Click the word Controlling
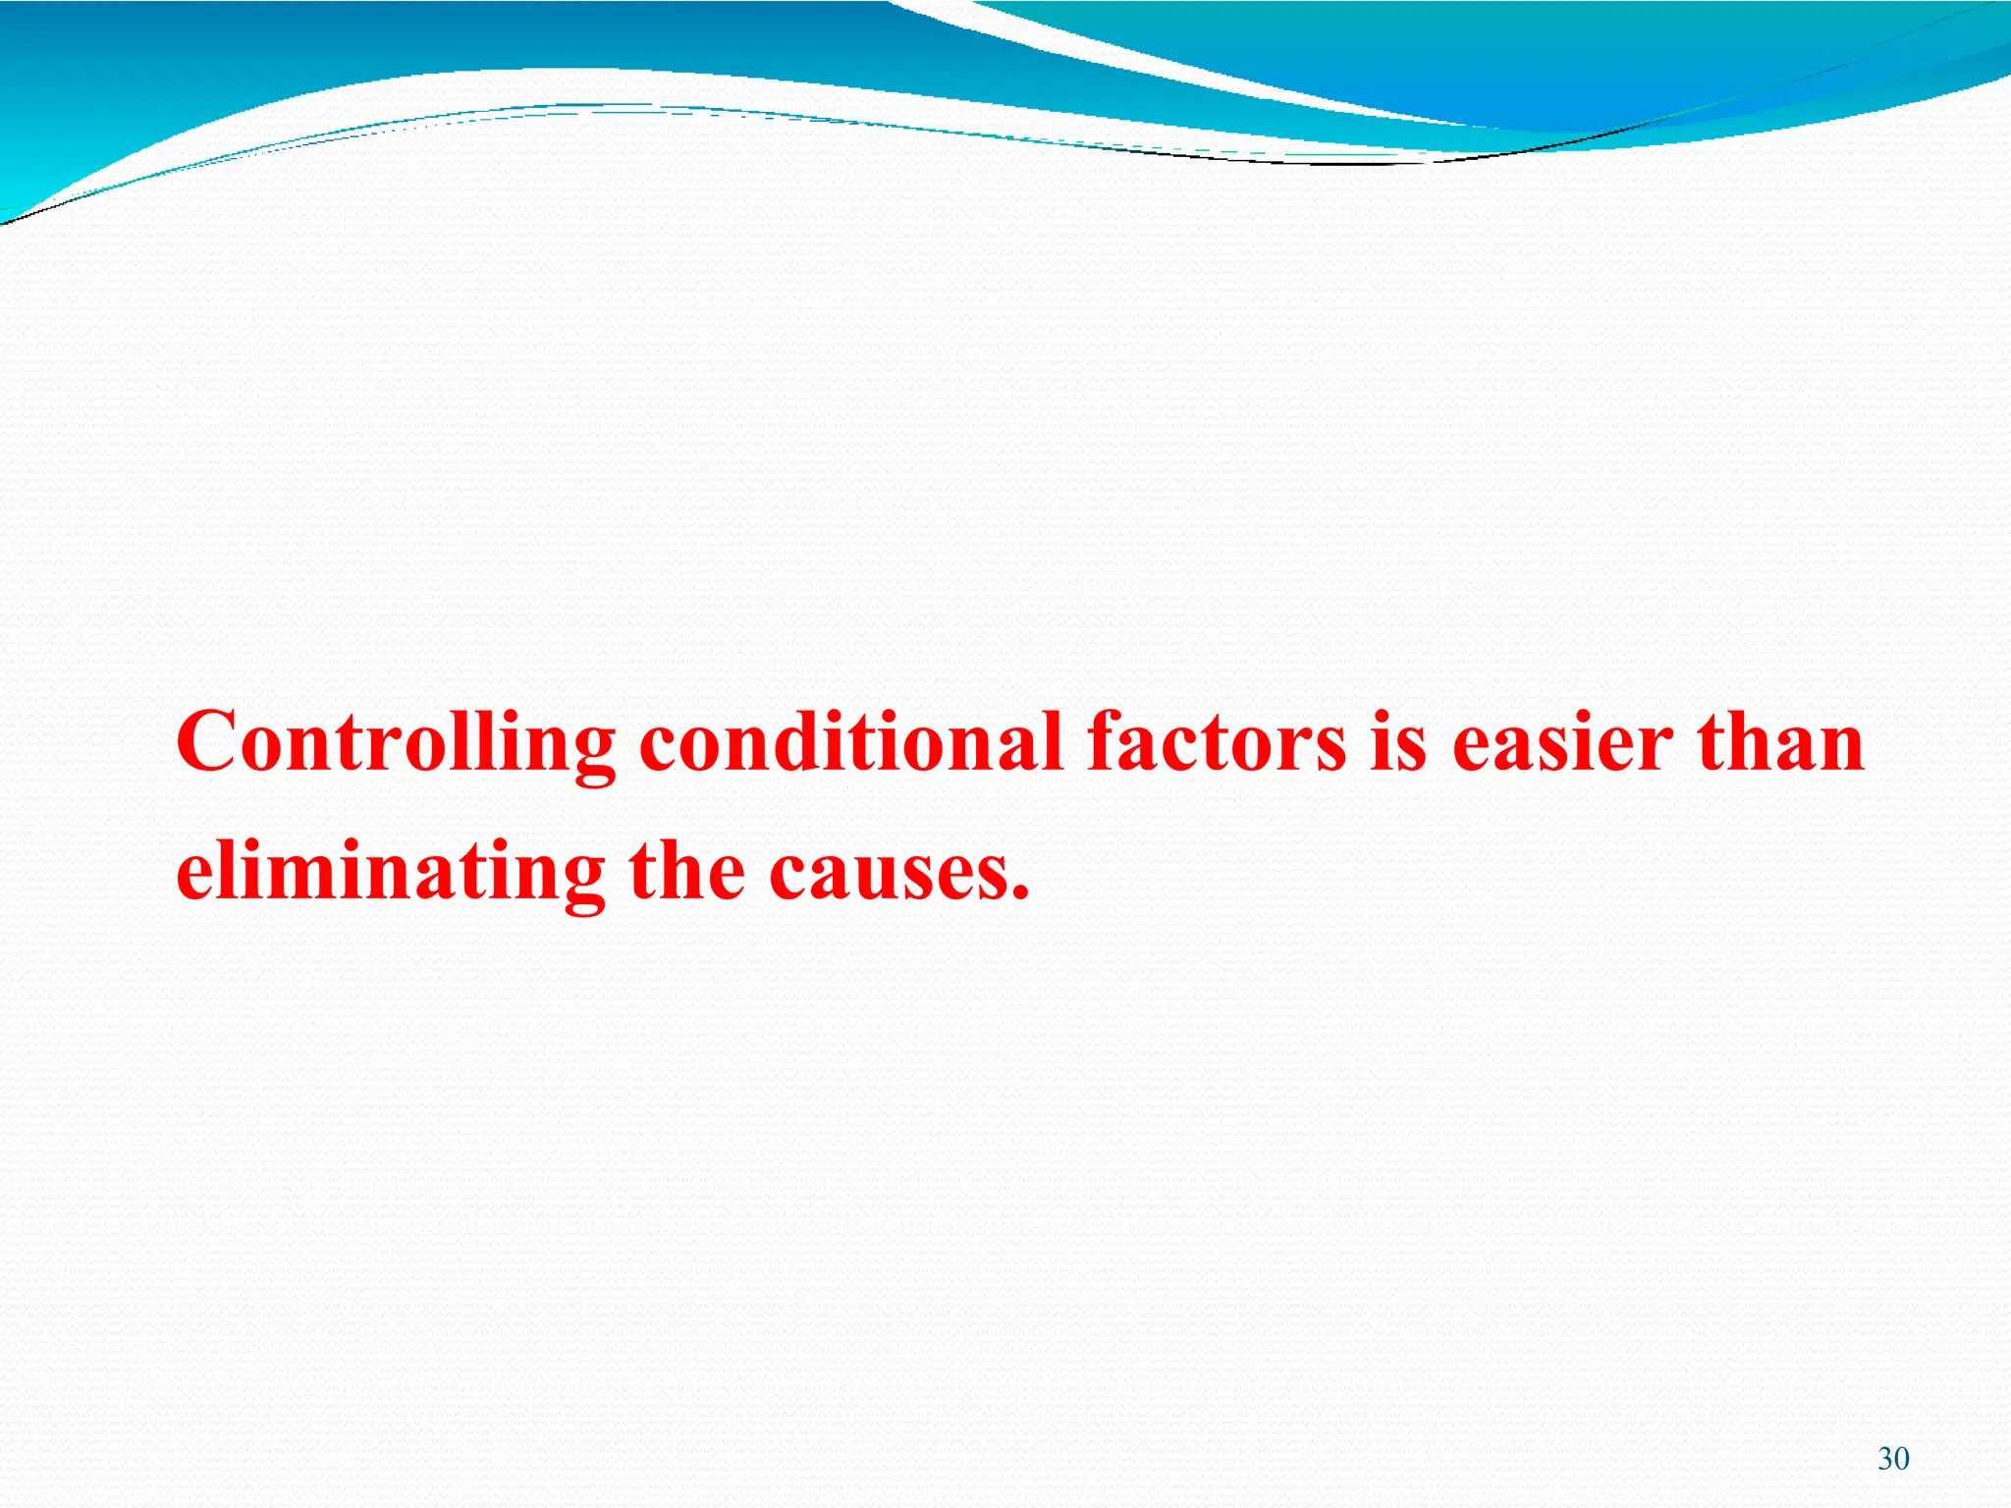point(396,744)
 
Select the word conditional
point(851,742)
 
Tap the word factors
point(1217,742)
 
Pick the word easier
point(1562,742)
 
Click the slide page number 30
point(1893,1459)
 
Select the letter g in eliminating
point(582,884)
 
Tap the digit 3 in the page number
point(1885,1459)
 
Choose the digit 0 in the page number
point(1902,1459)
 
